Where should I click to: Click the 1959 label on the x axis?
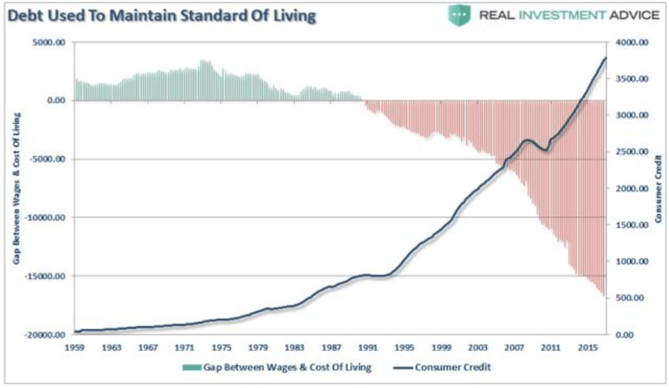click(x=75, y=347)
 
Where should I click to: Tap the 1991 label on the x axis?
click(x=365, y=347)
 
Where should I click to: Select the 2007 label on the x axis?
click(x=510, y=347)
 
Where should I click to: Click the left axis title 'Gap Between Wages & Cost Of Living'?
click(x=16, y=188)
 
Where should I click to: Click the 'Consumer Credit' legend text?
click(x=454, y=366)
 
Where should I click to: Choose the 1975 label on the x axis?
click(x=220, y=347)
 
